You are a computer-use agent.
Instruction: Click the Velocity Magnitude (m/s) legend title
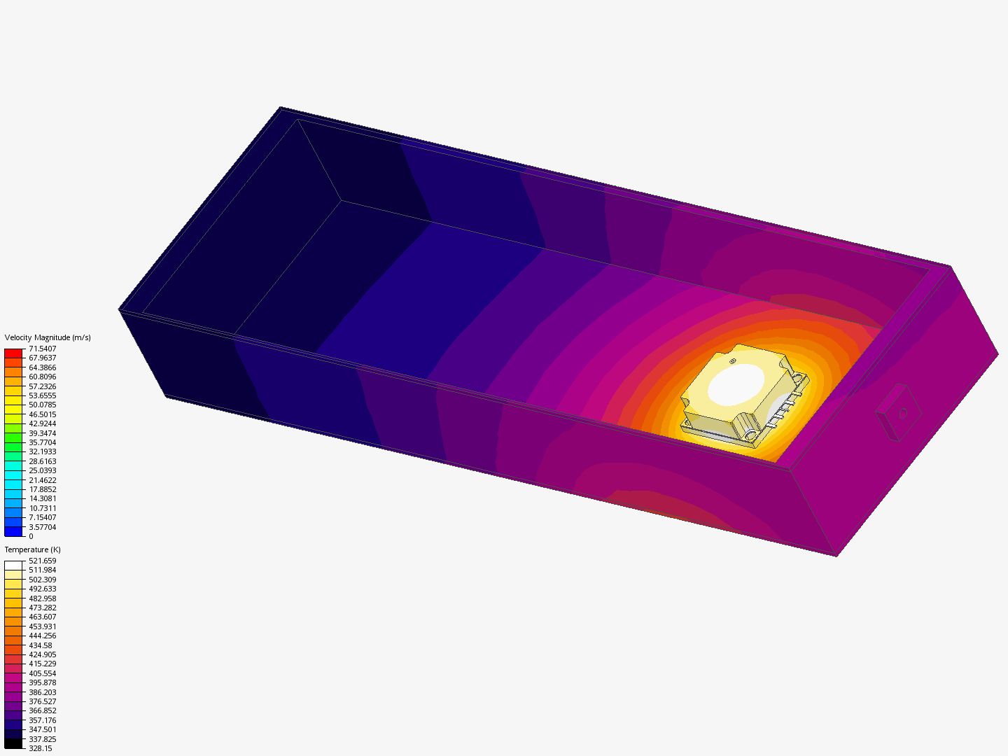[48, 337]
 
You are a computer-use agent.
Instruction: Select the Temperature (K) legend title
[33, 549]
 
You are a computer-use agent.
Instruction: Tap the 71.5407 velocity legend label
[42, 349]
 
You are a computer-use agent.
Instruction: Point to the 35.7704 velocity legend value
[42, 442]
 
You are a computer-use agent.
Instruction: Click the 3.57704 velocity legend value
[42, 527]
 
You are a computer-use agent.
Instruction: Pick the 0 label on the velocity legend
[31, 536]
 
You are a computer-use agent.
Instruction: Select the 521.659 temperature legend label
[42, 561]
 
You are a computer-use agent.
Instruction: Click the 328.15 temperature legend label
[41, 748]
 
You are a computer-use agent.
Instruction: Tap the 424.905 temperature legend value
[42, 654]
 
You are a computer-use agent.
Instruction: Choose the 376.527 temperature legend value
[42, 701]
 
